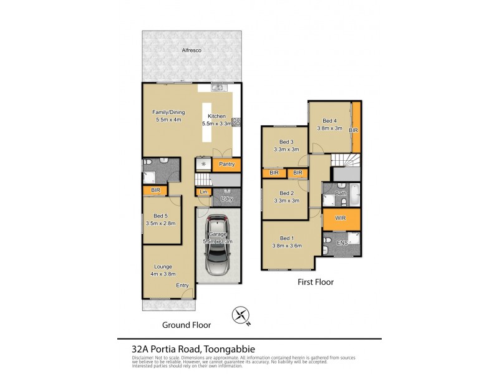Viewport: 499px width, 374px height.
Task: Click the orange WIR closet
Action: [x=341, y=219]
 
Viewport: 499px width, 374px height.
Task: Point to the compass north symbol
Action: [x=240, y=316]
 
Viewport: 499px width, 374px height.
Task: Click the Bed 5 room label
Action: [x=162, y=217]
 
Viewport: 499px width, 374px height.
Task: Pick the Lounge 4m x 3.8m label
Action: [x=163, y=270]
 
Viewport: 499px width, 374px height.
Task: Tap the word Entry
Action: [x=182, y=285]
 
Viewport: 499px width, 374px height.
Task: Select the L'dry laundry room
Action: [x=226, y=199]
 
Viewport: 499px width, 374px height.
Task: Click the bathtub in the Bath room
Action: [x=354, y=194]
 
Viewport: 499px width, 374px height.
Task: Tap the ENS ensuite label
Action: [x=342, y=242]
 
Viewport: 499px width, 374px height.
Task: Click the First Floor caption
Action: [x=315, y=282]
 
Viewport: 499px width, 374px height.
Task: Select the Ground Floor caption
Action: [x=187, y=325]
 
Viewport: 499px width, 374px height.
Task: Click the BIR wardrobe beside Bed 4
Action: [x=355, y=130]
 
